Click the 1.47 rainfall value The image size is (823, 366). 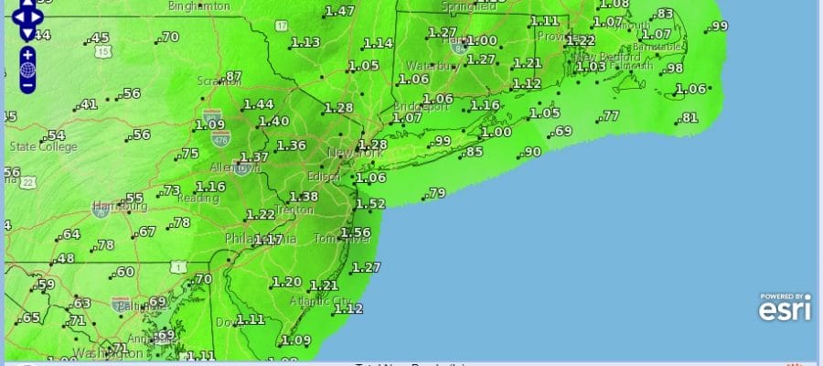(340, 12)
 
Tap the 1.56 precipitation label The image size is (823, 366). (355, 233)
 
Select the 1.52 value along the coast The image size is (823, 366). (370, 204)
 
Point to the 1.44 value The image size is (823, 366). (259, 104)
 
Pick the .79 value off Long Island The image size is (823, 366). (436, 193)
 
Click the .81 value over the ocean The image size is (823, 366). (689, 118)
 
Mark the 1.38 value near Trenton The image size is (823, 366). (304, 197)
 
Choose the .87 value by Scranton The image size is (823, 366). (233, 77)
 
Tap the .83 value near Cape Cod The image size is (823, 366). (665, 14)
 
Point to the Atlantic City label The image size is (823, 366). (319, 301)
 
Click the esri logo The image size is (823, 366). (784, 307)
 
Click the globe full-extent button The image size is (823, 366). (27, 70)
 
